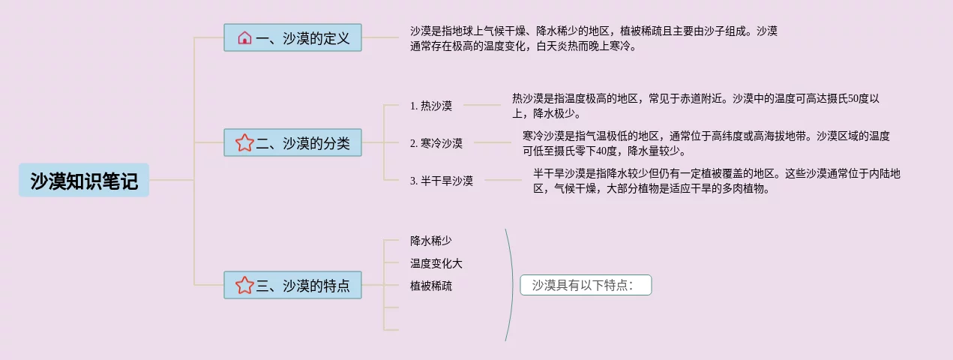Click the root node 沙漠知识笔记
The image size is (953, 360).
pos(84,181)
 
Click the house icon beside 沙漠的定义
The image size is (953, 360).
pos(244,38)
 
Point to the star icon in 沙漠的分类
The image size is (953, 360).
pos(244,142)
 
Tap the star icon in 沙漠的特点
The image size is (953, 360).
pos(244,285)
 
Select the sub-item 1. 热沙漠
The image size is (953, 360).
pos(431,106)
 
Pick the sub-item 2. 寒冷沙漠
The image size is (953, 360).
pos(436,142)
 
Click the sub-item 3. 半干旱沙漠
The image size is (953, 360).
pos(442,181)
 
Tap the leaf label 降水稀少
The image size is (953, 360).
pos(431,241)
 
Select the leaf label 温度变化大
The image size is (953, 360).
pos(436,263)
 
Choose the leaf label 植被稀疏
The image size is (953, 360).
pos(431,286)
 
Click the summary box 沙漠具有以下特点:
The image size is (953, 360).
pos(586,285)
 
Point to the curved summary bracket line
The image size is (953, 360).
pos(513,285)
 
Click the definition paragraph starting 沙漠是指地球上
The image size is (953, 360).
pos(593,38)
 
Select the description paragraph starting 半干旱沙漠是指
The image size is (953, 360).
pos(716,181)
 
